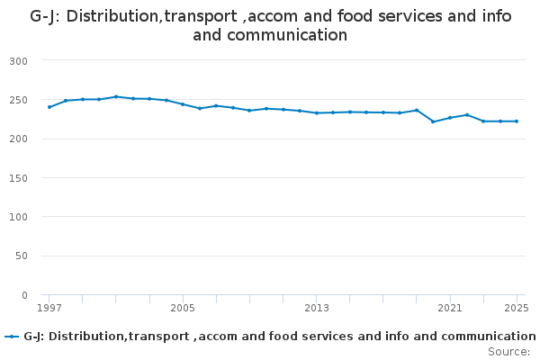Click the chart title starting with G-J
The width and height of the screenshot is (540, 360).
point(270,26)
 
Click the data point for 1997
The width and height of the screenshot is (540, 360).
point(49,107)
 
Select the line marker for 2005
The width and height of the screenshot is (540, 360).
point(183,104)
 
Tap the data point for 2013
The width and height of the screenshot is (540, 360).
point(316,113)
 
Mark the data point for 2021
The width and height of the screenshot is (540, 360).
point(450,118)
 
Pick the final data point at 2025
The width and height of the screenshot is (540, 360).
point(517,121)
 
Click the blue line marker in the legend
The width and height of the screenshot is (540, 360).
point(12,337)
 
